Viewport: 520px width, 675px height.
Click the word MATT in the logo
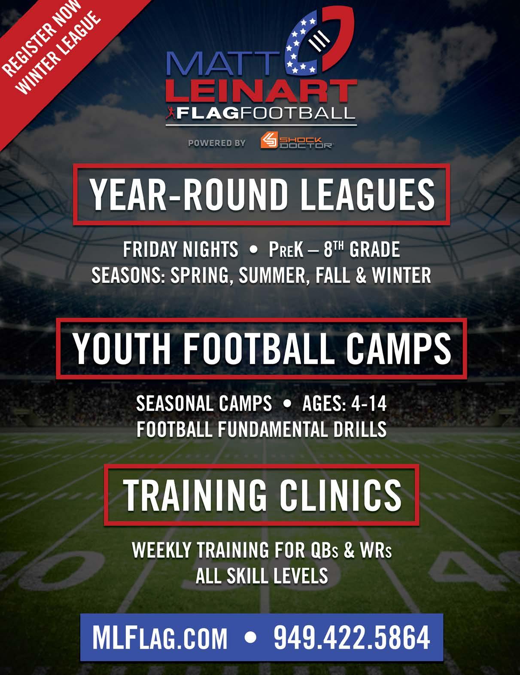223,64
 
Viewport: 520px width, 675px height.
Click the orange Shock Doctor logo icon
269,141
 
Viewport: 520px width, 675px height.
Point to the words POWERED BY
217,143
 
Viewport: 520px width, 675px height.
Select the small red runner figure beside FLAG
171,113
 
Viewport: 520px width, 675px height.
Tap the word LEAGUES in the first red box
367,195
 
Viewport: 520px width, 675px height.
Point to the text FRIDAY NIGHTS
181,250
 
